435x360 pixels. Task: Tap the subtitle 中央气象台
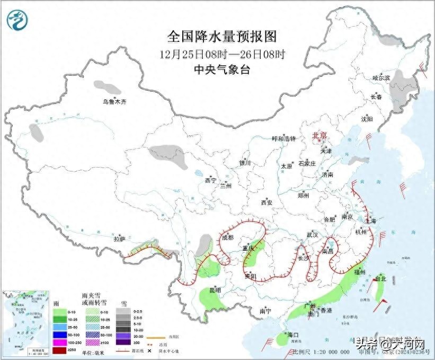[222, 69]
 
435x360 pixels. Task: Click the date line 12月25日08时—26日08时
[222, 54]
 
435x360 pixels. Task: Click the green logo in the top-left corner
[17, 20]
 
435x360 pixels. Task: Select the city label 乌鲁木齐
[114, 101]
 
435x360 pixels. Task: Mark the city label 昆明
[214, 290]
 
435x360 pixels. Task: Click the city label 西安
[266, 202]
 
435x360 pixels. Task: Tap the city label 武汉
[312, 234]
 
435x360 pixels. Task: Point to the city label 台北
[381, 278]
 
